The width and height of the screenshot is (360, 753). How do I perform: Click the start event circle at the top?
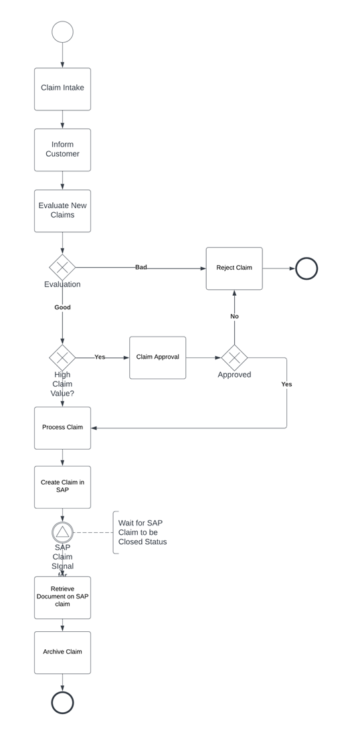(x=62, y=32)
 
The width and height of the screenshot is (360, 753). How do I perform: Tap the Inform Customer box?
(x=62, y=150)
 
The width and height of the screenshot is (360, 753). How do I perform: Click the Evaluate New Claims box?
(x=62, y=211)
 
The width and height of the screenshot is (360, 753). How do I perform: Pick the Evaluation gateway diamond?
(x=62, y=268)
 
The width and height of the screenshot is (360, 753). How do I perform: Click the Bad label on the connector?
(x=141, y=267)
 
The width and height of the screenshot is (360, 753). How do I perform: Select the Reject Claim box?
(x=234, y=268)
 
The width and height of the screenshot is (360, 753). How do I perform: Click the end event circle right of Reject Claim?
(x=306, y=268)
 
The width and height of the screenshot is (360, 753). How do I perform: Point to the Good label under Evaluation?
(x=62, y=307)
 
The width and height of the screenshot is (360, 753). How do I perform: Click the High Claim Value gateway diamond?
(x=62, y=357)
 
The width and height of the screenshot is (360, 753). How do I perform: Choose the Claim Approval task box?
(x=158, y=357)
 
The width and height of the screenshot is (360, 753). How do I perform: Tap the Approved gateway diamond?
(x=234, y=357)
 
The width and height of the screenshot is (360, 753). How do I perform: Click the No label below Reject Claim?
(x=234, y=316)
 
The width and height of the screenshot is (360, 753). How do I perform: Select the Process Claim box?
(x=62, y=428)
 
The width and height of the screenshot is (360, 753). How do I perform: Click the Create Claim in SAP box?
(x=62, y=487)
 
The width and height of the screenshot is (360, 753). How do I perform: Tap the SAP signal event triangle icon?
(x=62, y=532)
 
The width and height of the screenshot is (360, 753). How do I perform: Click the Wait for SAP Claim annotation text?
(x=142, y=532)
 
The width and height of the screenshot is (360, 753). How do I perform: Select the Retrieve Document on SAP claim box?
(x=62, y=597)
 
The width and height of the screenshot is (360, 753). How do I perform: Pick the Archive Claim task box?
(x=62, y=652)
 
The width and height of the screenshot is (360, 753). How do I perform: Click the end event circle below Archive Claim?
(x=62, y=703)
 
